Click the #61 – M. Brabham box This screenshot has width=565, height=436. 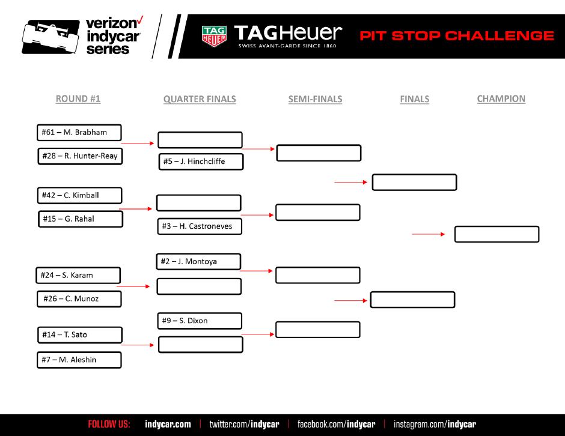pos(79,132)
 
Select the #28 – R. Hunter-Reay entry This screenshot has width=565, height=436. pos(79,156)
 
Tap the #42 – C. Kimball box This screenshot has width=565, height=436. pos(79,195)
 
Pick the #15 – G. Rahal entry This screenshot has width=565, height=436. pos(80,219)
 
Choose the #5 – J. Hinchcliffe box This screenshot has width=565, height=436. pos(201,162)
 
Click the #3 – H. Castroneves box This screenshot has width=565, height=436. pos(200,226)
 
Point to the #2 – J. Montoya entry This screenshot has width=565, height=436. pos(198,261)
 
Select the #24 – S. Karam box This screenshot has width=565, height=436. pos(78,275)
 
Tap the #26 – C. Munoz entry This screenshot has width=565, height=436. pos(79,298)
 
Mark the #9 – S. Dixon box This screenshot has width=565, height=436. pos(200,321)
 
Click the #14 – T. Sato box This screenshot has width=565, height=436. pos(79,335)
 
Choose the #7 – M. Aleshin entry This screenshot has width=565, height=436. pos(79,360)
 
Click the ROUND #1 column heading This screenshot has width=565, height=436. pos(78,99)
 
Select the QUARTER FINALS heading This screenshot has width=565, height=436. pos(200,99)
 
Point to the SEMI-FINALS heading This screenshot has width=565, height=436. pos(315,99)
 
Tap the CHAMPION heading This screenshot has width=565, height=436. pos(501,99)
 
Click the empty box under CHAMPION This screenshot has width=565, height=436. pos(496,234)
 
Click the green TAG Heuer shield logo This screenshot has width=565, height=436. pos(213,36)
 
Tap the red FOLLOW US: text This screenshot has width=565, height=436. pos(109,425)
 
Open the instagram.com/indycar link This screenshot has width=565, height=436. pos(435,425)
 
